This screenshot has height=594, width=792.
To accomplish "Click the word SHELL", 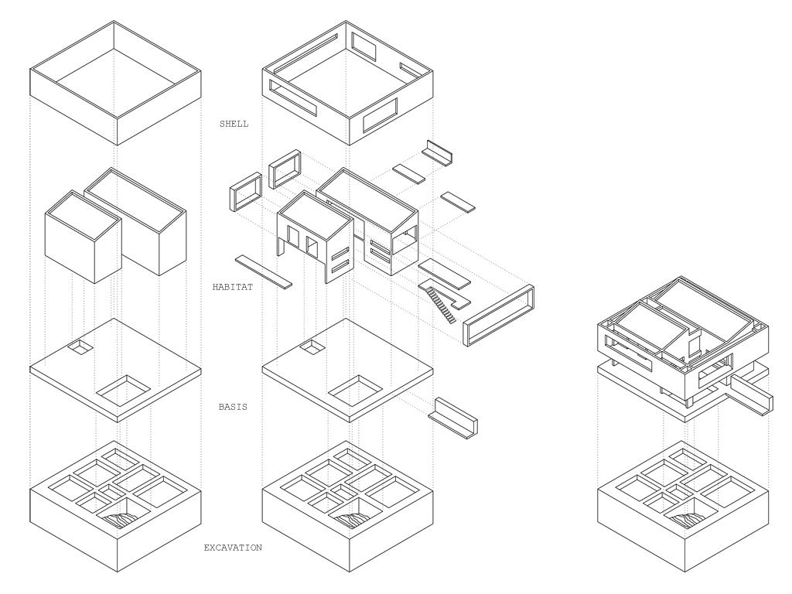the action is [234, 124].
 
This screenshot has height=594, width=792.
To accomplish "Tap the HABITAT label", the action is [232, 287].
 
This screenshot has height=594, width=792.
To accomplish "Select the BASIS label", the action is [233, 407].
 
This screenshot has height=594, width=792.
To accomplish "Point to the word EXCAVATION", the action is [233, 548].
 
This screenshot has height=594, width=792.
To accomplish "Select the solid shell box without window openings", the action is [116, 84].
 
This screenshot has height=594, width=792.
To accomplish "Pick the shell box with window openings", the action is [347, 84].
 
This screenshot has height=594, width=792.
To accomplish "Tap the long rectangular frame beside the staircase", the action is [499, 316].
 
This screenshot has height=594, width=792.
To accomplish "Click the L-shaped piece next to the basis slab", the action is [453, 417].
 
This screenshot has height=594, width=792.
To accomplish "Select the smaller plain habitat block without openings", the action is [84, 237].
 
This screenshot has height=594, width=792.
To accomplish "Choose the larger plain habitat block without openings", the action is [135, 221].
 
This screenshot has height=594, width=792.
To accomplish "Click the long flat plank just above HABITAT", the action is [264, 271].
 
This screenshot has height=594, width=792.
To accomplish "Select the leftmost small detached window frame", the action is [246, 192].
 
